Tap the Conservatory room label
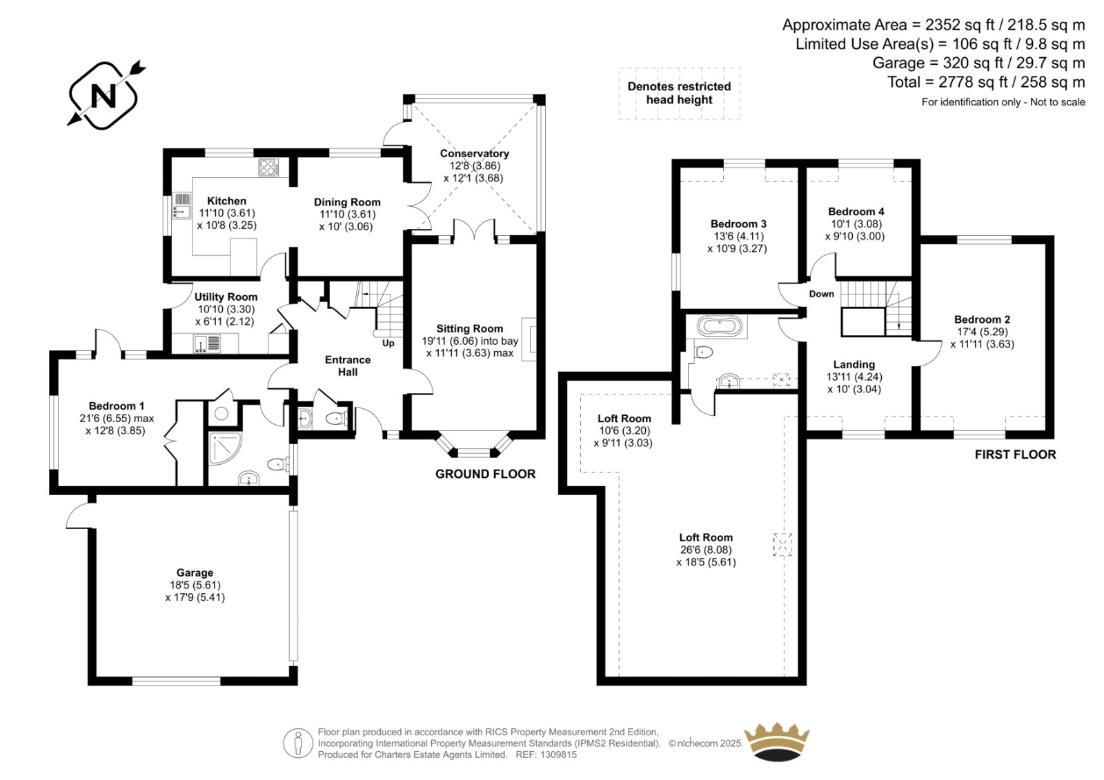click(x=474, y=153)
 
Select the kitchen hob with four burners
click(x=268, y=167)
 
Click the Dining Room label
click(x=347, y=202)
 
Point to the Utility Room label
click(x=226, y=297)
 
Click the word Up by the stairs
click(x=388, y=343)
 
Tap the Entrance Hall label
click(x=348, y=366)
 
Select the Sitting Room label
click(x=470, y=329)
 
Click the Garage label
click(x=195, y=572)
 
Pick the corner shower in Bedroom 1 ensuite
click(x=225, y=448)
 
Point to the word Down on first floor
click(x=822, y=294)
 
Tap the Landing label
click(x=854, y=365)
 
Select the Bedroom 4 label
click(x=856, y=212)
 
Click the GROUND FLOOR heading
click(x=485, y=474)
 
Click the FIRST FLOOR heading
click(x=1015, y=454)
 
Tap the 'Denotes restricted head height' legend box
click(x=680, y=93)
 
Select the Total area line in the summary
click(x=986, y=82)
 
